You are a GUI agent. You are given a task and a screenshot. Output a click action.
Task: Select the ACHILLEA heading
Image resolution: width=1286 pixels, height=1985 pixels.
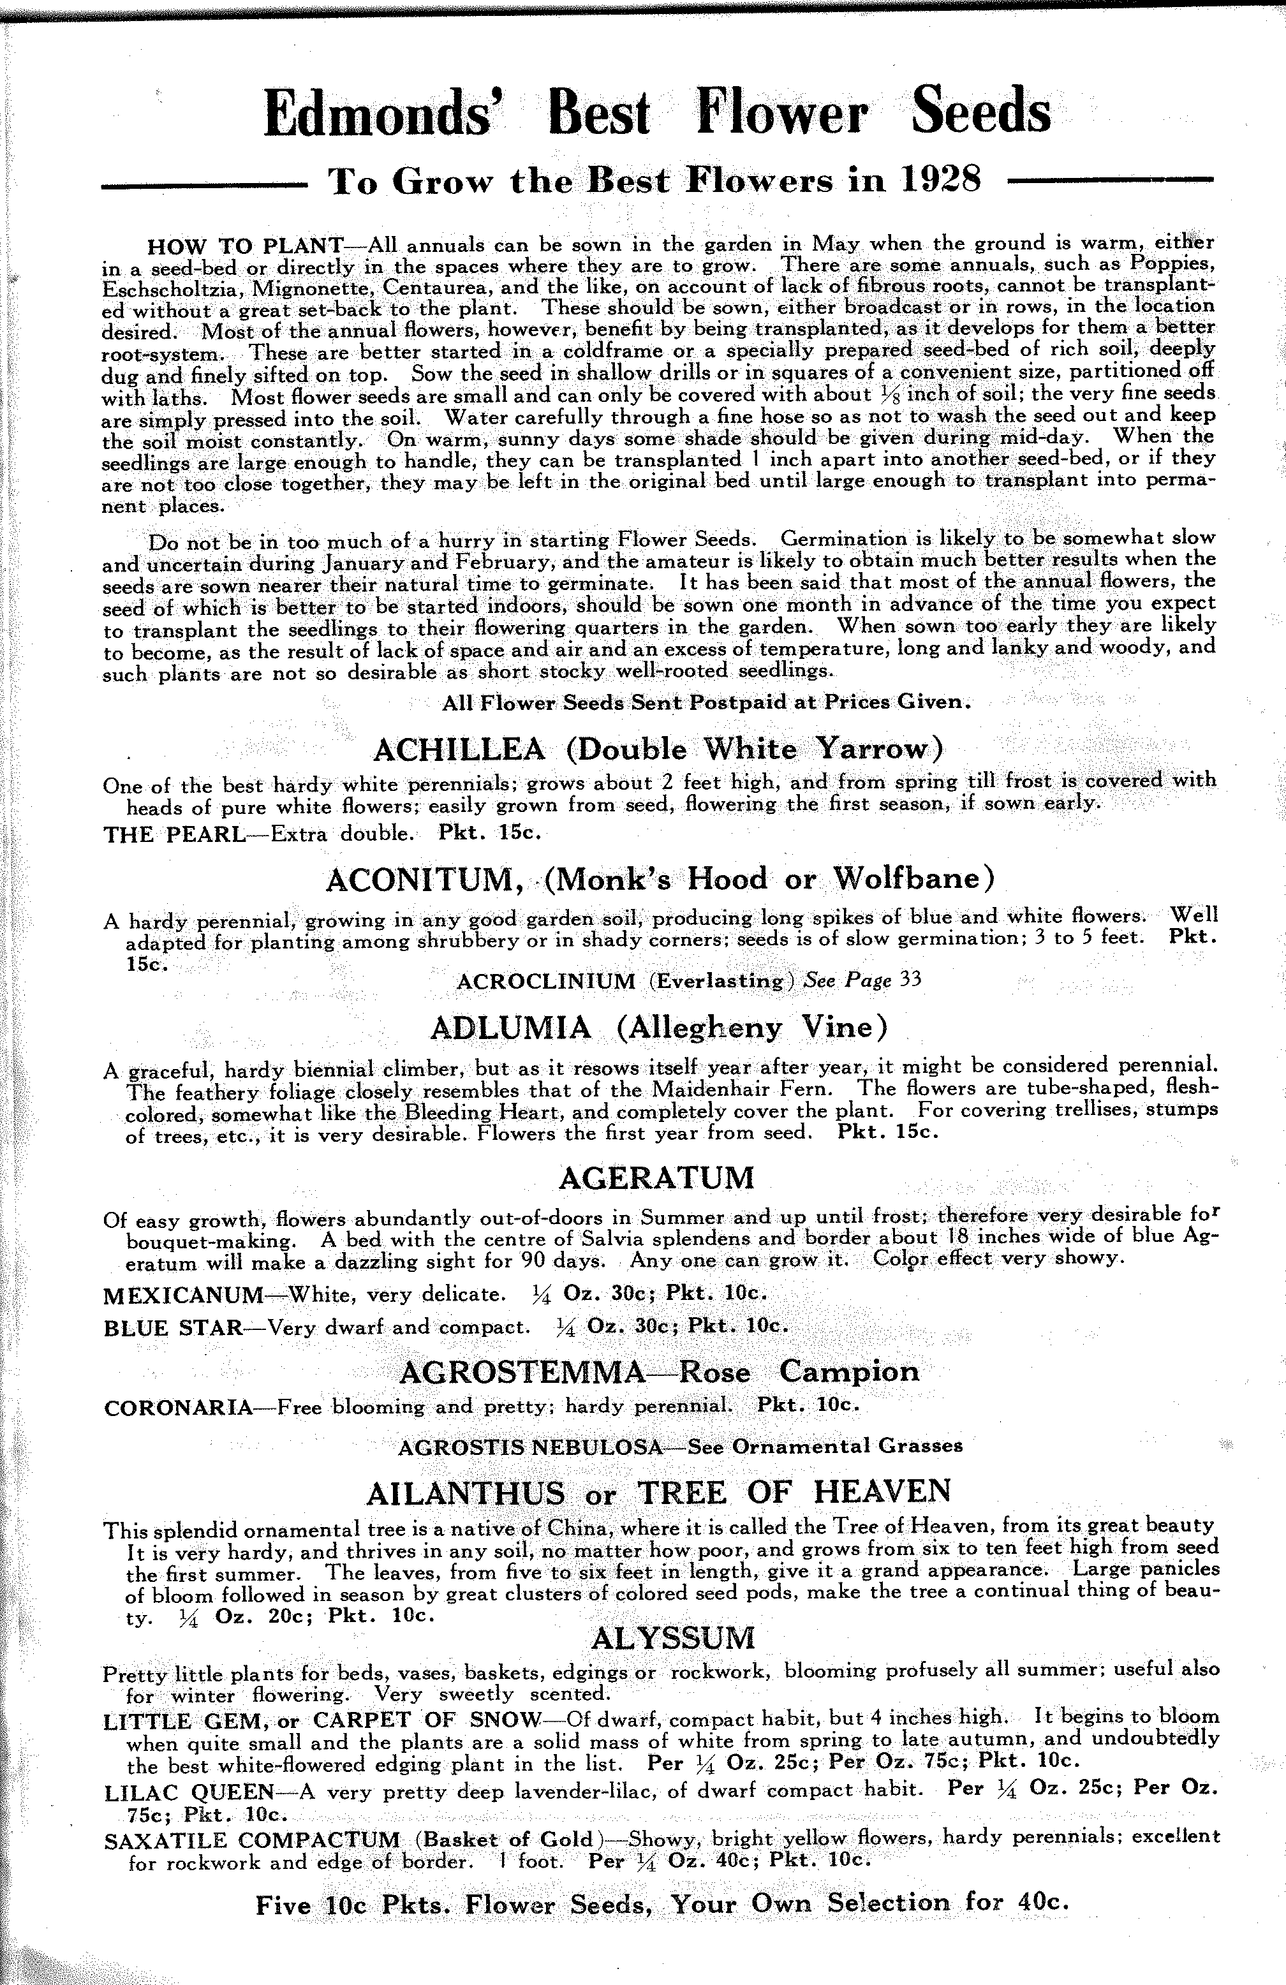459,749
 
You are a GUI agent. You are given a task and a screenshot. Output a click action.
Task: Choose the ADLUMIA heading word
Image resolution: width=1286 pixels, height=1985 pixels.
510,1028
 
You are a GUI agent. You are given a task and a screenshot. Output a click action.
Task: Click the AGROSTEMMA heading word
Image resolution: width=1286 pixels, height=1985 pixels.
523,1372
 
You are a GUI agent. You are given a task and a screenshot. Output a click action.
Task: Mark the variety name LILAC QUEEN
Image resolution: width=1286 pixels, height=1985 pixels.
189,1792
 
